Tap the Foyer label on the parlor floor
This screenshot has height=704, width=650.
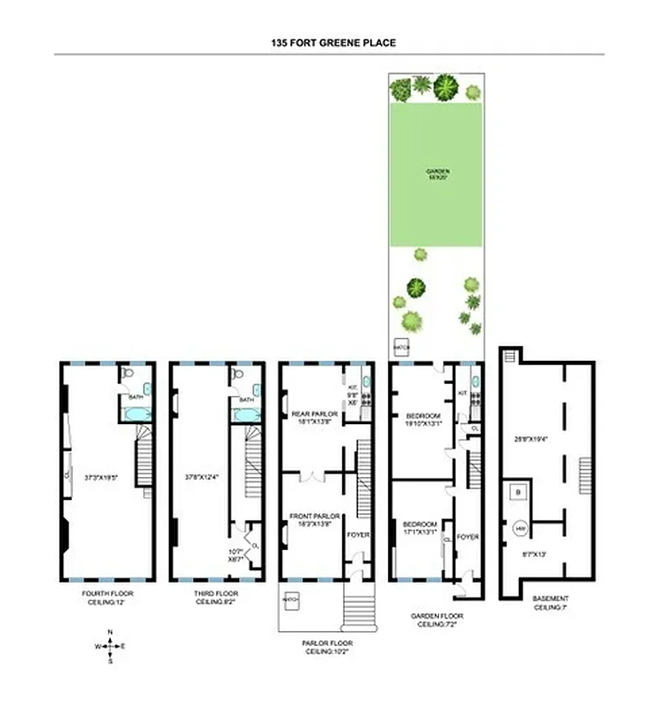click(359, 534)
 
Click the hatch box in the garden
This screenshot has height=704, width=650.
click(404, 348)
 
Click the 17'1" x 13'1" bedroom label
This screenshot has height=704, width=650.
click(419, 525)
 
